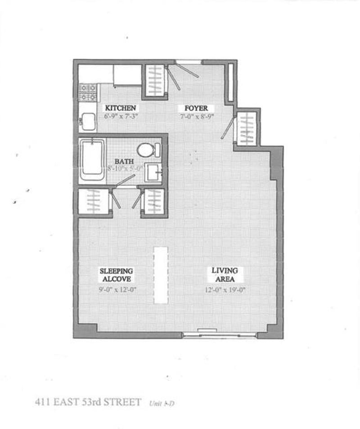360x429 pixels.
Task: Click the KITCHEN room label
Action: coord(120,108)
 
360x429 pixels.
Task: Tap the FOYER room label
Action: coord(196,108)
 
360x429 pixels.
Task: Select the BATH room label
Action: coord(123,161)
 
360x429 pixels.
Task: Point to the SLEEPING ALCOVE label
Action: coord(116,274)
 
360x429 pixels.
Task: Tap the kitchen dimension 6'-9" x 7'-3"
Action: coord(120,116)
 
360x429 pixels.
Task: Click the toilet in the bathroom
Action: coord(148,149)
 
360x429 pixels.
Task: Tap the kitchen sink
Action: coord(88,121)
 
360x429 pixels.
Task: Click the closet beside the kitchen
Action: coord(155,81)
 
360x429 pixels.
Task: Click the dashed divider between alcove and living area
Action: coord(161,275)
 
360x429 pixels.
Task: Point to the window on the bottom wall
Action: coord(220,334)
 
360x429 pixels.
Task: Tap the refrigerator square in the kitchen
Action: coord(127,75)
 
